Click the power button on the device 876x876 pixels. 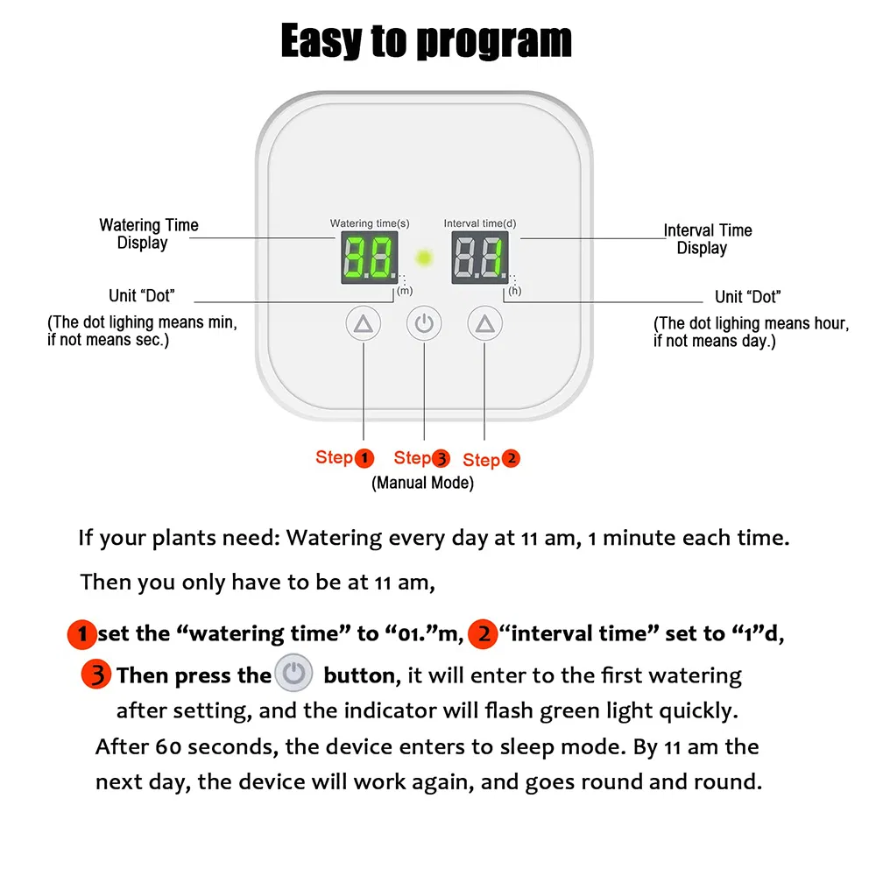coord(424,324)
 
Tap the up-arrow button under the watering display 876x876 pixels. coord(364,324)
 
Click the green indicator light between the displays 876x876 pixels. coord(425,258)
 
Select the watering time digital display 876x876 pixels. coord(369,258)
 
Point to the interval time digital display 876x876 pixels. coord(479,258)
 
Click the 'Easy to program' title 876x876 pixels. coord(427,40)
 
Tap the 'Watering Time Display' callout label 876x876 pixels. coord(148,234)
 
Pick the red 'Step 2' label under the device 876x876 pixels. coord(491,459)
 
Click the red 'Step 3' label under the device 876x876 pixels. coord(421,457)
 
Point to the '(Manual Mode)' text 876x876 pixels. coord(422,483)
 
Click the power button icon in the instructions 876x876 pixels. coord(293,675)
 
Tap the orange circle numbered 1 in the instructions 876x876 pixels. coord(82,633)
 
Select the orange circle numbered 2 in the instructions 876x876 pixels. coord(482,633)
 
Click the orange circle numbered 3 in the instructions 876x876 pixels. coord(96,675)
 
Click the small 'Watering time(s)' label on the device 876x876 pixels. coord(369,223)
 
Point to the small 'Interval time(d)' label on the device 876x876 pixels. coord(479,223)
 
